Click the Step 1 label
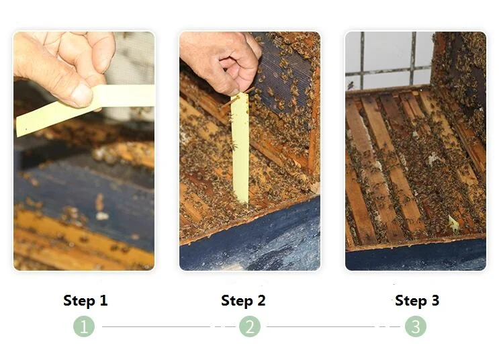[85, 300]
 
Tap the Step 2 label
[243, 300]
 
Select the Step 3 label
[417, 300]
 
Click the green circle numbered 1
[84, 326]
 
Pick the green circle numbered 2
[250, 326]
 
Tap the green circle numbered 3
[416, 326]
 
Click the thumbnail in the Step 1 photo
[81, 95]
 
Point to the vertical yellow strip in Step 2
[240, 148]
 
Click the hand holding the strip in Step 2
[221, 60]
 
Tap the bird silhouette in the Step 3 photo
[351, 85]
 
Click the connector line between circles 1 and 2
[169, 326]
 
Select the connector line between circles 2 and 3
[334, 326]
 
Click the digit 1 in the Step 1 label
[103, 300]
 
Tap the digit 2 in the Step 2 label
[261, 300]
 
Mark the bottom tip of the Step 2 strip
[245, 204]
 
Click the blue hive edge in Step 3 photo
[416, 257]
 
